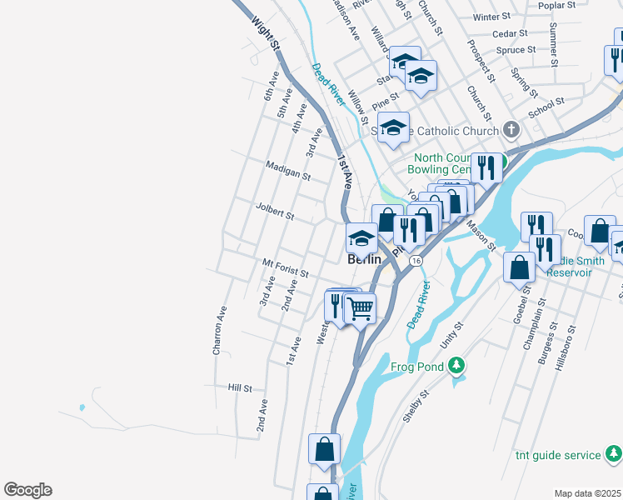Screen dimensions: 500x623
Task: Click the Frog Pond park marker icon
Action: click(x=456, y=364)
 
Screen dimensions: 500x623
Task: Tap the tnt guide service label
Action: click(x=558, y=455)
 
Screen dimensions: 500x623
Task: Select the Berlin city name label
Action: click(x=363, y=259)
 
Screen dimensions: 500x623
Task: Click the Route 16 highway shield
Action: click(x=414, y=261)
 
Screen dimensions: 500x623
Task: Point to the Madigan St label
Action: click(x=288, y=171)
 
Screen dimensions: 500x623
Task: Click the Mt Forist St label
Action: click(x=286, y=267)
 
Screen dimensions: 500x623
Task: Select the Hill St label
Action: click(x=240, y=388)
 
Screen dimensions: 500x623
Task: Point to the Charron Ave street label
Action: click(x=219, y=332)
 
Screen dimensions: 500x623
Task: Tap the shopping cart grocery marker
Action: click(x=360, y=308)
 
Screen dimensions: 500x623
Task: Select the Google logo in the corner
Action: click(x=27, y=490)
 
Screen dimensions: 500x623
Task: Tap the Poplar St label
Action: click(x=557, y=5)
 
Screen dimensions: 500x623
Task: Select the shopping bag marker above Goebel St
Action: click(x=520, y=267)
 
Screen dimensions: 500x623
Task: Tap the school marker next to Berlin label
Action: click(x=361, y=238)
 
